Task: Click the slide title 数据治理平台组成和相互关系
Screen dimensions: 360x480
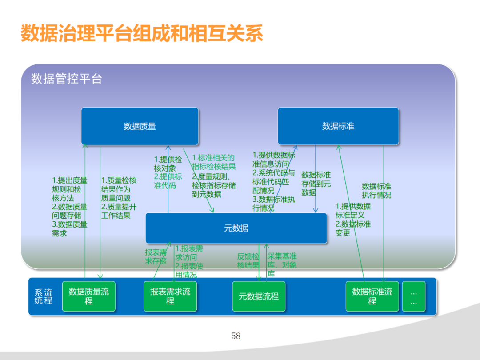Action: pos(142,34)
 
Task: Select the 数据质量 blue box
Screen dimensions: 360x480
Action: pos(140,126)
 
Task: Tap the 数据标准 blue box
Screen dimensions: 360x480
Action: pos(338,126)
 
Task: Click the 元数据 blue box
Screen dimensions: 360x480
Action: pos(236,228)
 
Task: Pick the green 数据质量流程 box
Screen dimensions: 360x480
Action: pos(88,296)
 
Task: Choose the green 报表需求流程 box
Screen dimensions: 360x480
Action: pos(170,296)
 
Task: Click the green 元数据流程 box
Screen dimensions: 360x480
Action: pos(259,296)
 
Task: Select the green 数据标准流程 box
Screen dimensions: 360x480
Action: pos(372,296)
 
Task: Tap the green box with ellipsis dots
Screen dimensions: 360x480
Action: pos(413,296)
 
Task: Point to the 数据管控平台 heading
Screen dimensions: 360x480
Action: pos(67,79)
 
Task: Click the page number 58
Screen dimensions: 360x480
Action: pos(236,336)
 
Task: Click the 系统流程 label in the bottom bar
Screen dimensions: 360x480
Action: pos(43,296)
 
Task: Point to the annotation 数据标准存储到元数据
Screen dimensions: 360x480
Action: pos(316,184)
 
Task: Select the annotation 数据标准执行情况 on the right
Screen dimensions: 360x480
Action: pos(376,190)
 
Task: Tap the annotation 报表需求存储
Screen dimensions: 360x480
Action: pos(156,257)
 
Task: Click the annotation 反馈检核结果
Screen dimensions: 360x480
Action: pos(248,261)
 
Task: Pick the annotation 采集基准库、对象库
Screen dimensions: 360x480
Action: pos(281,265)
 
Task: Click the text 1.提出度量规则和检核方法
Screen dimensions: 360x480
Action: pos(69,189)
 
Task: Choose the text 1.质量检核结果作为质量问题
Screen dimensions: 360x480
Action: pos(119,189)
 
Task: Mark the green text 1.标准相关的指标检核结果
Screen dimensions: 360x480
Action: pos(213,162)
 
